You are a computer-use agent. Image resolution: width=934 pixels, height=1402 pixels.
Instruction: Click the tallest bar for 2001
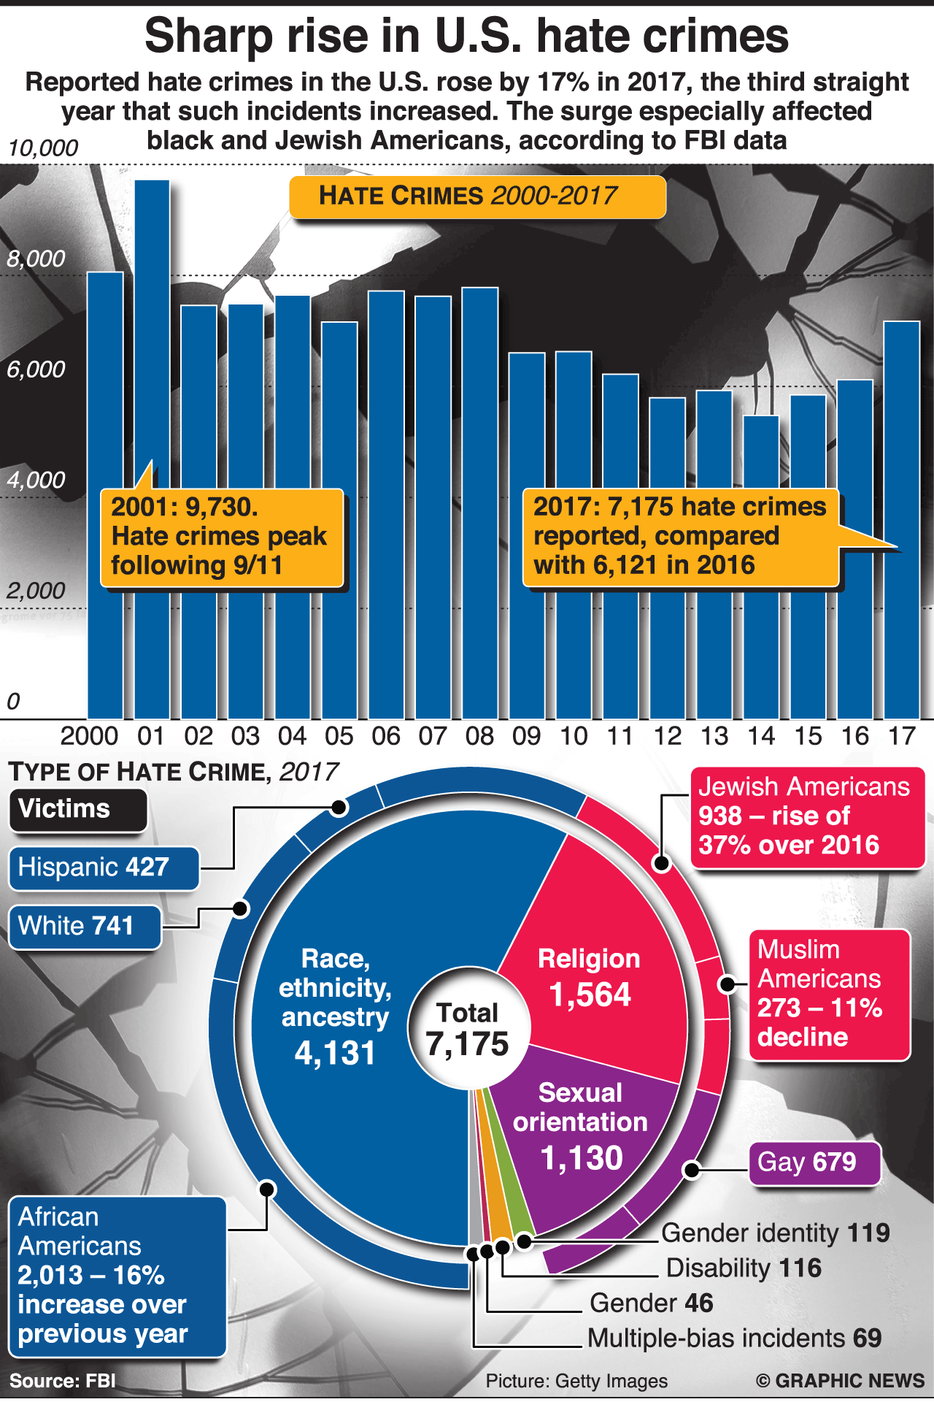152,365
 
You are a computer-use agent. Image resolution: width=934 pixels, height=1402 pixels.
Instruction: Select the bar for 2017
902,438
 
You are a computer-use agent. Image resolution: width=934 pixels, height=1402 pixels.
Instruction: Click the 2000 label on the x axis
89,736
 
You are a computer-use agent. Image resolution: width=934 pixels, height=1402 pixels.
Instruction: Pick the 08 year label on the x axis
479,736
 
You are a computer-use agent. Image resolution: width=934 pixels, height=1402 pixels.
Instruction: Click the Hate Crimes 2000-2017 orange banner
477,196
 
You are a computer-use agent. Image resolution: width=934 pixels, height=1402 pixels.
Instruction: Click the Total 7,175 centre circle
468,1029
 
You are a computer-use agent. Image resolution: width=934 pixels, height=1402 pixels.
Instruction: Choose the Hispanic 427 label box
104,868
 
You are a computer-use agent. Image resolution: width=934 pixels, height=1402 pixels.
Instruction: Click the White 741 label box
85,927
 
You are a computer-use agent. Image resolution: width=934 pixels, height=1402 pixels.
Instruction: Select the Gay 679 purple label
814,1162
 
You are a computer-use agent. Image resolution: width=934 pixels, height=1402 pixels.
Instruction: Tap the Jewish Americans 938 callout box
807,816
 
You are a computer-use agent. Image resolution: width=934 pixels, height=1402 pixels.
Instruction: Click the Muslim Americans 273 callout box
829,994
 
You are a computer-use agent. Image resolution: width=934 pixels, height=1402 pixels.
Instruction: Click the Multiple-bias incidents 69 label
734,1338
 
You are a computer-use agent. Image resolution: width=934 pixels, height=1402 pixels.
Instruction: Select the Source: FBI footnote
63,1381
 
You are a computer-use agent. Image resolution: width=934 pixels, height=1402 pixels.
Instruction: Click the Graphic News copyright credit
840,1381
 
